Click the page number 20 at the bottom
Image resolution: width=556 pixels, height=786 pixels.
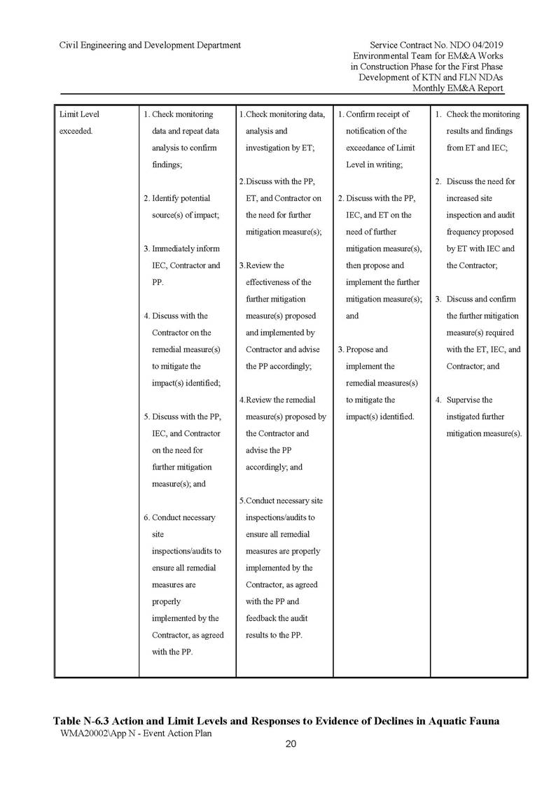[291, 744]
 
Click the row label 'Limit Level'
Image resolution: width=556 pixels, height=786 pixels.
[80, 114]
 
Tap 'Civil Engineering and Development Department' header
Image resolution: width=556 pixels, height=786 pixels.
[151, 45]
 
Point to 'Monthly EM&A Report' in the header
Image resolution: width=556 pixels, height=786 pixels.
[458, 87]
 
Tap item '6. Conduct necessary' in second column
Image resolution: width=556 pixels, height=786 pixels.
[179, 517]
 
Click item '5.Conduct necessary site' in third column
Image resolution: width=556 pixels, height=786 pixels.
[282, 500]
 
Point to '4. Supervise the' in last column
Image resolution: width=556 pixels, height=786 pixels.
[464, 400]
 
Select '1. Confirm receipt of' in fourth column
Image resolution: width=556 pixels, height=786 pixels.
[373, 114]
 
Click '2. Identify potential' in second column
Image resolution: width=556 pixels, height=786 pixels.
[176, 198]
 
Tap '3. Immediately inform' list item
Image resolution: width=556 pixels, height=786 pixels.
[181, 248]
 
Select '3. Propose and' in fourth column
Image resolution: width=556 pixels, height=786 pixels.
[363, 349]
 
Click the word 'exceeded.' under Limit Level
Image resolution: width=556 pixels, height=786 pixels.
[76, 131]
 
